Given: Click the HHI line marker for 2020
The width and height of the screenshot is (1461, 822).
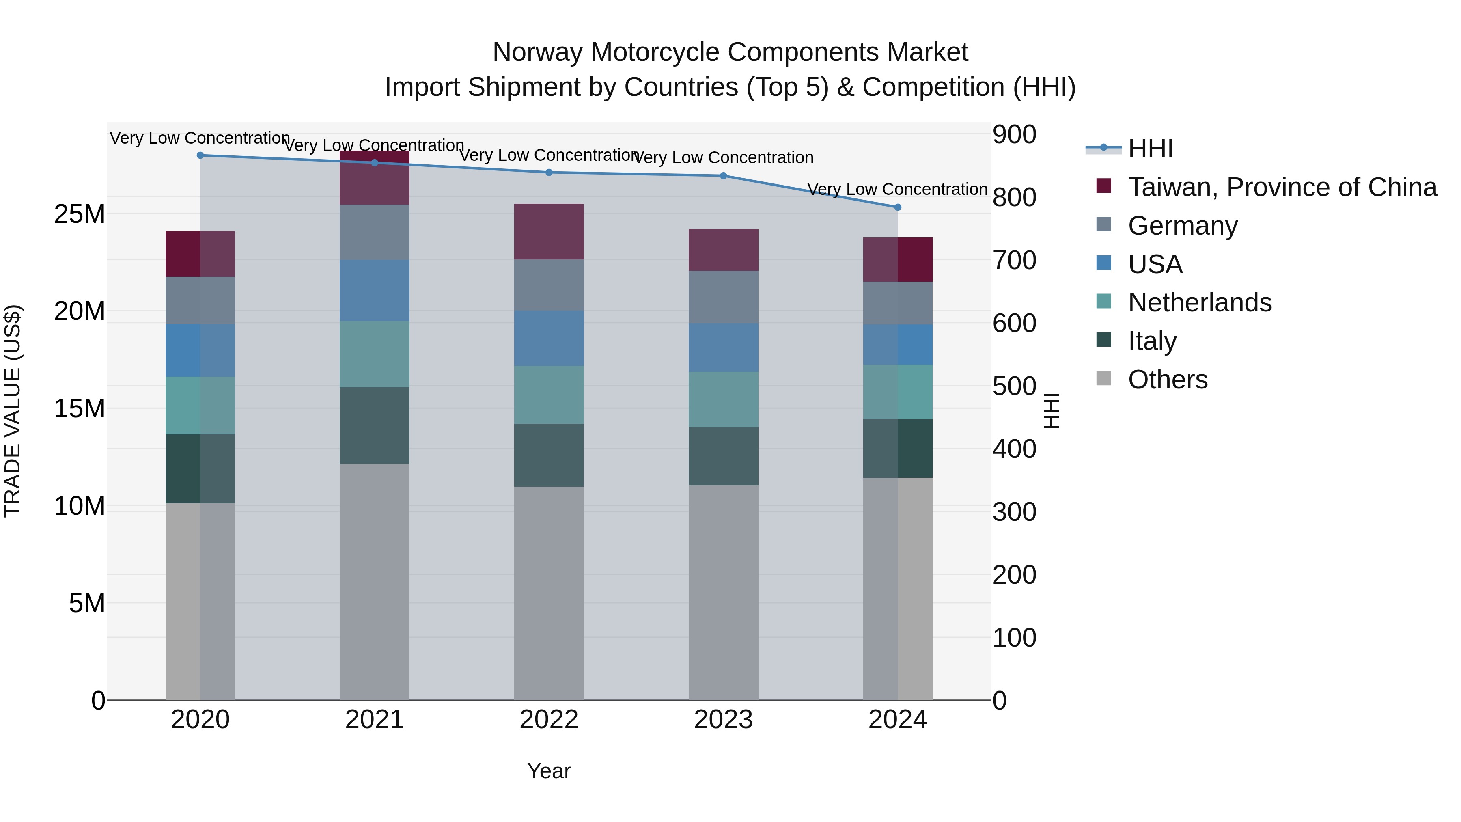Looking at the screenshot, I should [x=200, y=155].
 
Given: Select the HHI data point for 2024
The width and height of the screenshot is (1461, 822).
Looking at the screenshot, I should [x=897, y=207].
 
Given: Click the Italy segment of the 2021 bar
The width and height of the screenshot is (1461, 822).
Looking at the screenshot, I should [x=374, y=425].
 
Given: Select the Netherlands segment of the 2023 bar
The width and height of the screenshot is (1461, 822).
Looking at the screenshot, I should [x=723, y=399].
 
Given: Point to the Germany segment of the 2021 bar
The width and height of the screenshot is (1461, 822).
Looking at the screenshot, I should [x=374, y=232].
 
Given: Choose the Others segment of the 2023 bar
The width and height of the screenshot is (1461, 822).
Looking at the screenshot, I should [x=723, y=592].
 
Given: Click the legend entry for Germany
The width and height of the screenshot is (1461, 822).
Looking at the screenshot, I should [x=1183, y=226].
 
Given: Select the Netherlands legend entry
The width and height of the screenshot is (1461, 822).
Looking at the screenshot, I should [x=1200, y=302].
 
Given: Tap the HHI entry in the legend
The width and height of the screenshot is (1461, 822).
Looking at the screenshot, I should [x=1150, y=149].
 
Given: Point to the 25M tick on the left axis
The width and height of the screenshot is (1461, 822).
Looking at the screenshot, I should [x=80, y=214].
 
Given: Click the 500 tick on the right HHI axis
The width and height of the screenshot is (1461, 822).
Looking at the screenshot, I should [x=1014, y=386].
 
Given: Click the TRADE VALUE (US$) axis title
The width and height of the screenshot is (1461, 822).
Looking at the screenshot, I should [x=13, y=411].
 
